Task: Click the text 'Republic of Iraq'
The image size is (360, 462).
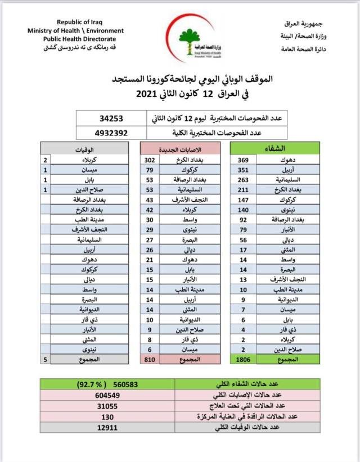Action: (x=76, y=22)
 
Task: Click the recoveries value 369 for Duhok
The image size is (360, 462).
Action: (x=243, y=160)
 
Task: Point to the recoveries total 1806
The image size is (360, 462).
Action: (x=242, y=359)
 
